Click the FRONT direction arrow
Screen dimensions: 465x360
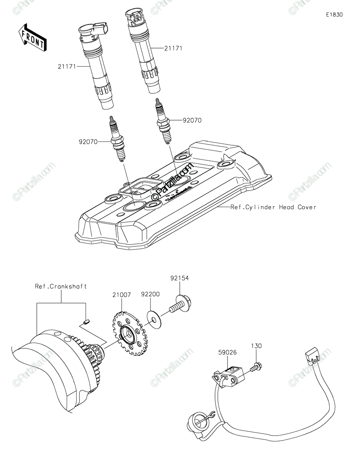click(33, 38)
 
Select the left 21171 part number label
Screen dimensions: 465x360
click(66, 67)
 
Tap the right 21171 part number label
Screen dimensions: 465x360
click(173, 48)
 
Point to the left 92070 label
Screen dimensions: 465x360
click(88, 142)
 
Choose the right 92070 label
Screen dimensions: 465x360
click(192, 120)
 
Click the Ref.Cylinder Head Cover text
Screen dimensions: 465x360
click(273, 207)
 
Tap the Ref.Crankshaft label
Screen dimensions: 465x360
click(61, 286)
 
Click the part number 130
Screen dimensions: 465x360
click(256, 345)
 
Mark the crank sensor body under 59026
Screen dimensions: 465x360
click(231, 376)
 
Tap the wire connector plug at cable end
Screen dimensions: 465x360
click(312, 354)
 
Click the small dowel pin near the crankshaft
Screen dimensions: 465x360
click(87, 320)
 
